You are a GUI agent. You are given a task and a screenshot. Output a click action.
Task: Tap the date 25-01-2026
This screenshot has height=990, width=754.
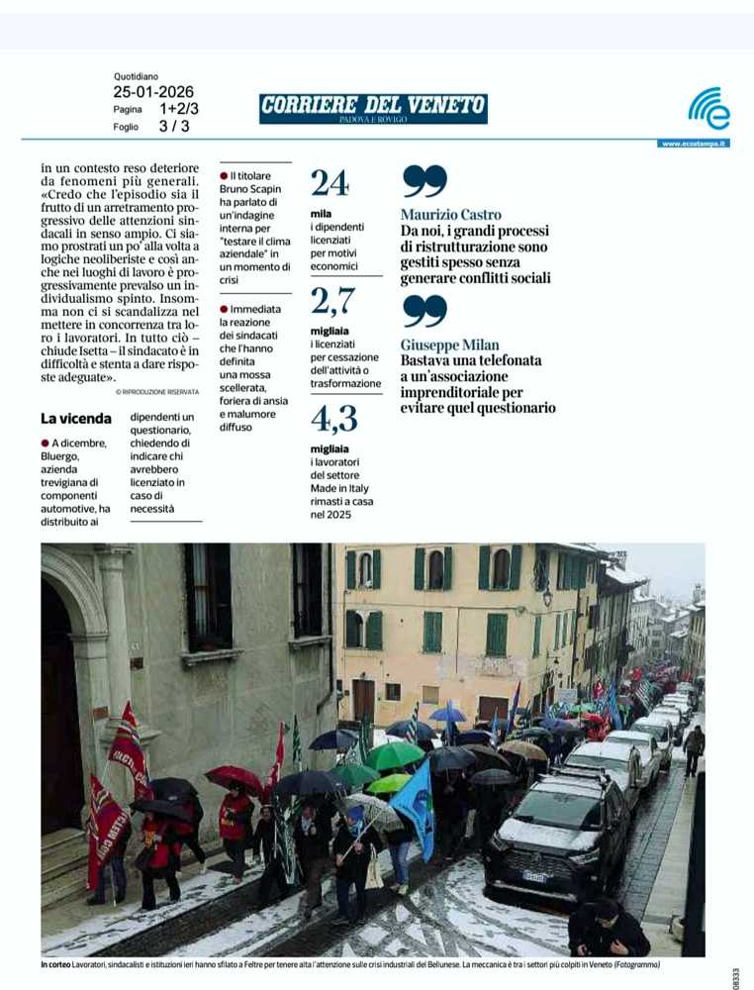(152, 92)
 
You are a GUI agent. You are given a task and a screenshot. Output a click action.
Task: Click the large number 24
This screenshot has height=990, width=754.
(330, 183)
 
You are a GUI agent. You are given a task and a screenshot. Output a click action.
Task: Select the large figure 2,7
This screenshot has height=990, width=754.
(332, 300)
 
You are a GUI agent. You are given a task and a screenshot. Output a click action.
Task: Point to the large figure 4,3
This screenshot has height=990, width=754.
(333, 420)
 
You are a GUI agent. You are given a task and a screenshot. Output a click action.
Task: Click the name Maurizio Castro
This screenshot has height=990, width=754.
(450, 215)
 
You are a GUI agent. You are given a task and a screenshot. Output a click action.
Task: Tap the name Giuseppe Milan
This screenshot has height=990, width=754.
(449, 345)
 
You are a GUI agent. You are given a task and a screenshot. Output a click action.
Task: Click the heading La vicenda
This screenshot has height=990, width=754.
(76, 419)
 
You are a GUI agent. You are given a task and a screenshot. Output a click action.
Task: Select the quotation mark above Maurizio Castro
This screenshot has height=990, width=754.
(424, 182)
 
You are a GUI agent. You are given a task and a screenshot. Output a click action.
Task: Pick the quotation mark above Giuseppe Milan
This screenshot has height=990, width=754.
(424, 312)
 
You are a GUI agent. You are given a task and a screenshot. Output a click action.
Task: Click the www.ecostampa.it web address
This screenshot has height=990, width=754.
(694, 144)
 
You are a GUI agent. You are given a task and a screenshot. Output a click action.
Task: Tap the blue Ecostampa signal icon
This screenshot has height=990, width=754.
(708, 108)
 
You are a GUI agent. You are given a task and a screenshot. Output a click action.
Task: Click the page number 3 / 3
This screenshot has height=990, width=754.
(174, 127)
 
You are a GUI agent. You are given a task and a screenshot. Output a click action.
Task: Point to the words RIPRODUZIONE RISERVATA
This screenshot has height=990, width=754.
(157, 392)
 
